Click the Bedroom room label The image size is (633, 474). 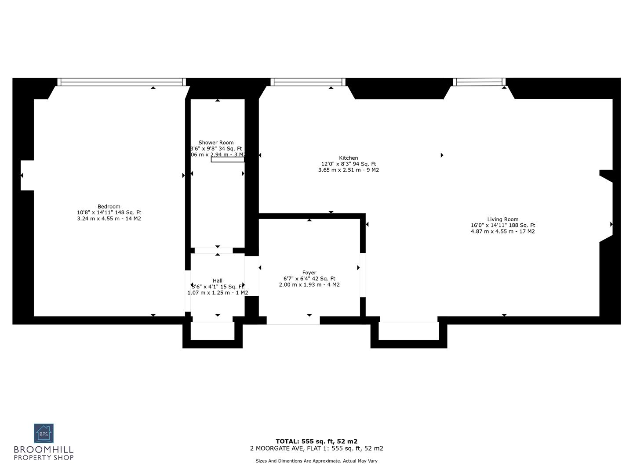point(109,207)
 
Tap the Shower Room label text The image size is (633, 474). point(216,143)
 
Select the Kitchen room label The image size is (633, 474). point(348,158)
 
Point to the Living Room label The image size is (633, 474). point(502,219)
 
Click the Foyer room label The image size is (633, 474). point(309,273)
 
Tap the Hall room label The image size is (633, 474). point(218,281)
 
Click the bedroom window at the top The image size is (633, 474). point(121,82)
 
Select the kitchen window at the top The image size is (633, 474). point(308,82)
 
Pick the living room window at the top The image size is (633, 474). point(479,82)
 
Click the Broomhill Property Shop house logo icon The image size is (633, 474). point(44,434)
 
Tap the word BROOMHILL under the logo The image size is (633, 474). point(44,450)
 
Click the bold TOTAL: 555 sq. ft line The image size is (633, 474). point(316,442)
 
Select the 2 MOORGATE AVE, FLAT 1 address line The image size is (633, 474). point(316,449)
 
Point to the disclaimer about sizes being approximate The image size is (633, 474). point(316,461)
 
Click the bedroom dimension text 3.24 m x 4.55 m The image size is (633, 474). point(109,219)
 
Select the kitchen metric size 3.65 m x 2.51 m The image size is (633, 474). point(348,170)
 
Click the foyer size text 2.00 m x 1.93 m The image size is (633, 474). point(309,285)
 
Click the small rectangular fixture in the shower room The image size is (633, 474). point(227,160)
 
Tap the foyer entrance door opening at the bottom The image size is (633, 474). point(293,320)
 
